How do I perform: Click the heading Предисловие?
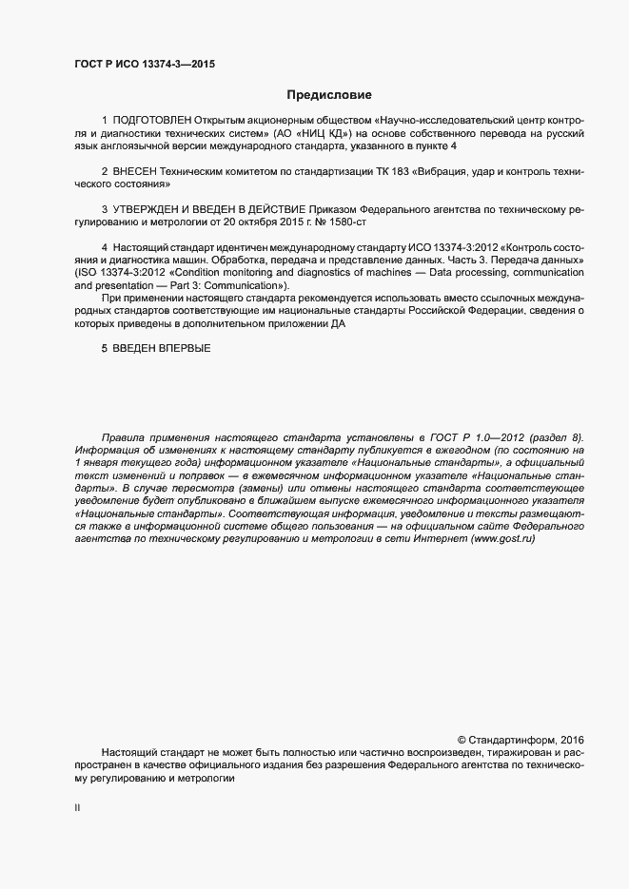pos(328,95)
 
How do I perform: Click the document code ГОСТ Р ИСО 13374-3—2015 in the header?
pos(144,64)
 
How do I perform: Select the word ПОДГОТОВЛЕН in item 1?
pos(152,122)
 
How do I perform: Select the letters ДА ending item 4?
pos(339,324)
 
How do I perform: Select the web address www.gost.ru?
pos(502,539)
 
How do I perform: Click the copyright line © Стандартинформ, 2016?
pos(521,739)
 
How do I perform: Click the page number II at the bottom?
pos(77,806)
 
